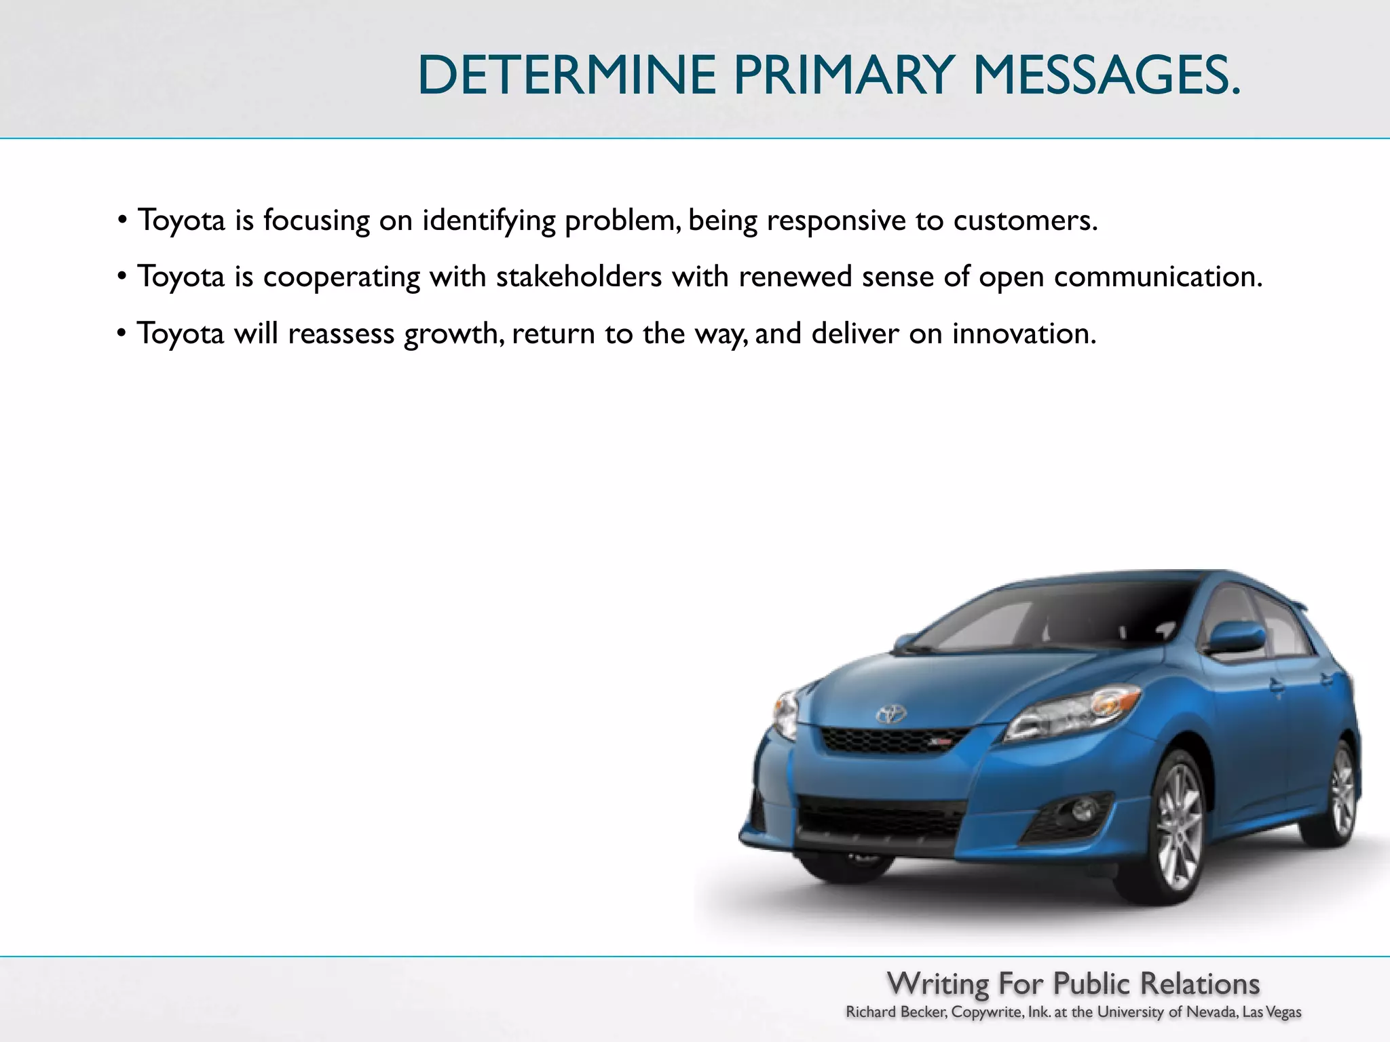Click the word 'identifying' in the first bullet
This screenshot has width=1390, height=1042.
tap(489, 221)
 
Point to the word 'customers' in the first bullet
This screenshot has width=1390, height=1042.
tap(1024, 220)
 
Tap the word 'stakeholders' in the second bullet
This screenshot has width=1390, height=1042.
tap(578, 276)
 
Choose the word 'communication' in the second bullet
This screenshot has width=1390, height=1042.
tap(1157, 276)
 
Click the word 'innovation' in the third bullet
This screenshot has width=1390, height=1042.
tap(1023, 333)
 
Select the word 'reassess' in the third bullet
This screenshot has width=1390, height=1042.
tap(341, 333)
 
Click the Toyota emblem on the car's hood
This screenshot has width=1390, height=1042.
tap(890, 714)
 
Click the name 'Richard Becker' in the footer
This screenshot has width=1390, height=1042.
tap(896, 1013)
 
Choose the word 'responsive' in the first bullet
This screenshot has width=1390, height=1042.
tap(836, 221)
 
